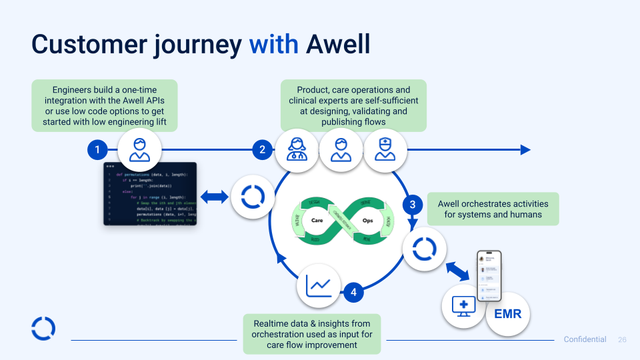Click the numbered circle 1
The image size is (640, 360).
click(97, 150)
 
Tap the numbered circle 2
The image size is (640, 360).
click(262, 150)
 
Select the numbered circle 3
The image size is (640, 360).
click(413, 205)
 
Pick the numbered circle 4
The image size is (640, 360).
click(353, 292)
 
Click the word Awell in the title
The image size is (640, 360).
click(338, 44)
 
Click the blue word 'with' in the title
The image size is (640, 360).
click(273, 44)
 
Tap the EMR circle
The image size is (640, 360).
click(508, 313)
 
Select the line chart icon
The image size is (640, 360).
click(319, 286)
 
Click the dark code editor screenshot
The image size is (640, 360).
click(150, 193)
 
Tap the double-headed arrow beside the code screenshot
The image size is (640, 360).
click(214, 197)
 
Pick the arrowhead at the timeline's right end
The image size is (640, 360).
click(526, 150)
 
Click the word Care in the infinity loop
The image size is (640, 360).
click(317, 219)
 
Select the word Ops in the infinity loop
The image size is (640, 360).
click(367, 219)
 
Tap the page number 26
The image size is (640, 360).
click(623, 339)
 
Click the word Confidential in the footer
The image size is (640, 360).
click(585, 339)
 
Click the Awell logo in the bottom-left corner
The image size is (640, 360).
click(43, 329)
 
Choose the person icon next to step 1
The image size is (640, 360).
click(139, 150)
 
